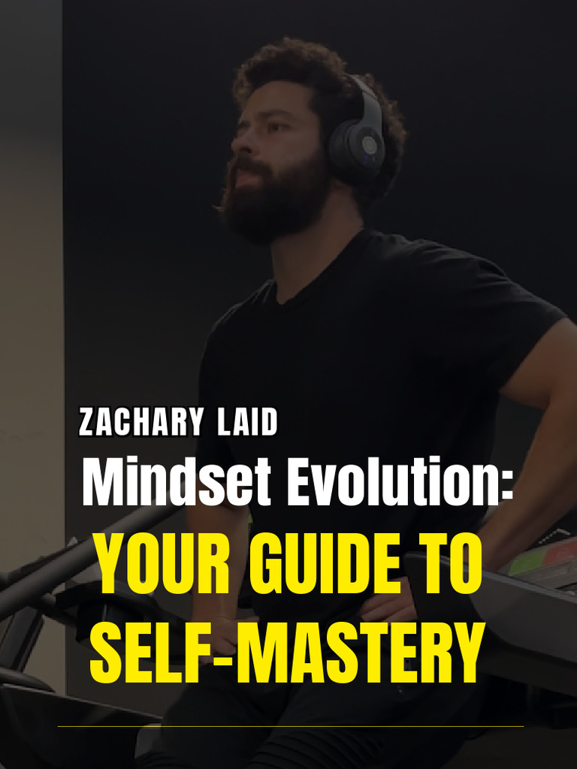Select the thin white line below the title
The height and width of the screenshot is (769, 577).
(290, 726)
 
